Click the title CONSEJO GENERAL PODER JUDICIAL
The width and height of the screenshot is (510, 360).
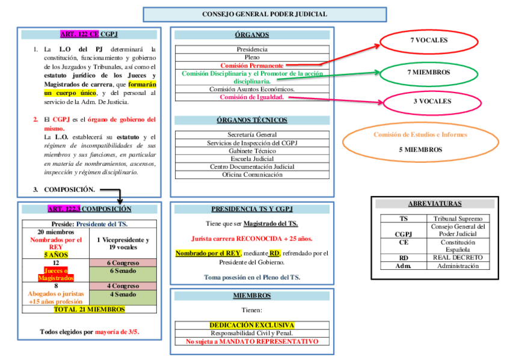(x=264, y=14)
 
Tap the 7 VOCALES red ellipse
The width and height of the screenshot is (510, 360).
(x=429, y=40)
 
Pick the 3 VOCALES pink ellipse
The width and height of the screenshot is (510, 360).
(x=431, y=102)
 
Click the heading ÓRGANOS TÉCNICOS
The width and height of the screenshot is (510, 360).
(x=252, y=120)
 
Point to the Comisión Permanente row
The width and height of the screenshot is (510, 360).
(x=252, y=65)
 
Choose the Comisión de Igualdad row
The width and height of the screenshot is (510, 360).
(x=252, y=97)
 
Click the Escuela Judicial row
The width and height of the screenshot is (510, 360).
(x=252, y=159)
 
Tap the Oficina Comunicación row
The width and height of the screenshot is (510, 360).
(x=252, y=174)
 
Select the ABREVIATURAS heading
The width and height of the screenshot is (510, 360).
(x=434, y=204)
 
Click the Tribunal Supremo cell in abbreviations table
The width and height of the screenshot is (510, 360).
(x=458, y=219)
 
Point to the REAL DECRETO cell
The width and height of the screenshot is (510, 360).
(x=458, y=257)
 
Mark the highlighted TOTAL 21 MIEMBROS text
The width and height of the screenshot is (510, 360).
(x=89, y=310)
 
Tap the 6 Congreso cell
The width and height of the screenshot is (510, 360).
(x=123, y=263)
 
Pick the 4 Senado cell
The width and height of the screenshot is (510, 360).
(x=123, y=295)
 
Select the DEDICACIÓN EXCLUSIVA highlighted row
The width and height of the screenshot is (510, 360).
(x=252, y=325)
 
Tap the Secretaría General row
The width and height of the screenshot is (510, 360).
(x=252, y=135)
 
